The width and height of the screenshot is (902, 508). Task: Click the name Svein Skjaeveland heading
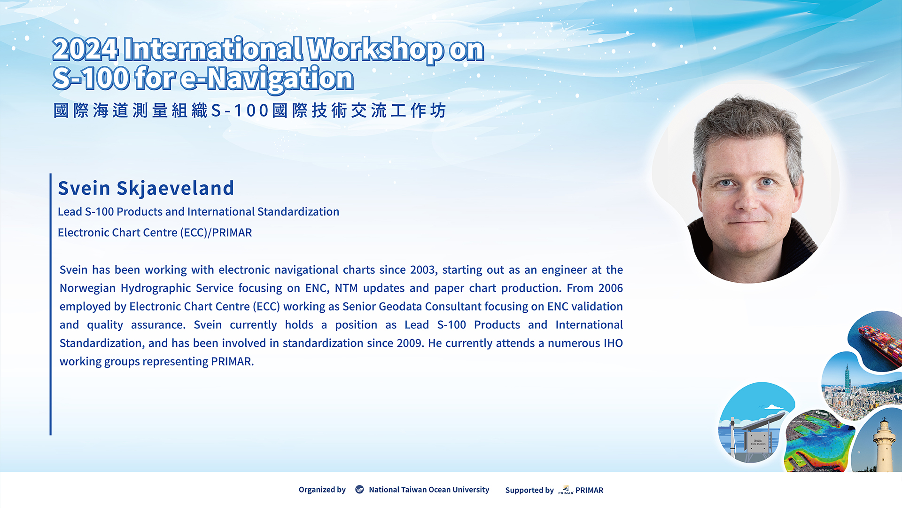click(146, 189)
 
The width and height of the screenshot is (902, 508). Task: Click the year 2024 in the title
click(86, 50)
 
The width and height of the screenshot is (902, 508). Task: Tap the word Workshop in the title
click(375, 50)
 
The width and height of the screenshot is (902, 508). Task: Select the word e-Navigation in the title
click(267, 79)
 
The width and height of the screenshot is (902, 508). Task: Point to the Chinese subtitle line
click(249, 111)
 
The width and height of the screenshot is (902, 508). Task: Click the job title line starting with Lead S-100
click(198, 212)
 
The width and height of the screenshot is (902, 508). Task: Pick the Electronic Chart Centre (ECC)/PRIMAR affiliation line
click(155, 232)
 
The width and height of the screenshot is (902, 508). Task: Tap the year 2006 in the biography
click(610, 288)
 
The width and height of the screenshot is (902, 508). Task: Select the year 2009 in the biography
click(410, 343)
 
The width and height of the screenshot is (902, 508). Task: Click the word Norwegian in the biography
click(87, 288)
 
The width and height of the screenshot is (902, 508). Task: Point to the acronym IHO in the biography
click(613, 343)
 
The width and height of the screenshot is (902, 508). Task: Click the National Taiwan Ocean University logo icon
click(359, 490)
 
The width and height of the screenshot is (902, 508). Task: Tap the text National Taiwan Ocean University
click(429, 490)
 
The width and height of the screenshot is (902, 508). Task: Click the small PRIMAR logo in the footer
click(566, 490)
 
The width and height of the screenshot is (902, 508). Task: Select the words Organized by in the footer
click(322, 490)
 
